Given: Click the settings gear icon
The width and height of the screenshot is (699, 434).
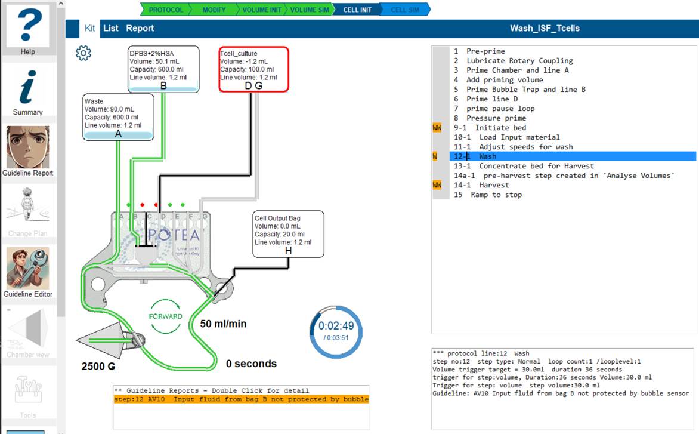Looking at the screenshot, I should tap(83, 53).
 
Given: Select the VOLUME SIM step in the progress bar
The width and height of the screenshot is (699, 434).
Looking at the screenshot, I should tap(310, 10).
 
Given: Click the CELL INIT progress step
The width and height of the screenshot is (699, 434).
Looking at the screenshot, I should tap(357, 10).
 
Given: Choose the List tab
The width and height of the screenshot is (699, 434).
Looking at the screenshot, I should tap(110, 28).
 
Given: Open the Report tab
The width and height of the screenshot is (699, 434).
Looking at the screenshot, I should tap(140, 28).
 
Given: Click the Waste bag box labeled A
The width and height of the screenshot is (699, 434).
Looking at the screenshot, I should tap(118, 117).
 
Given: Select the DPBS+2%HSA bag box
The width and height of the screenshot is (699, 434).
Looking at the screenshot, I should tap(163, 69).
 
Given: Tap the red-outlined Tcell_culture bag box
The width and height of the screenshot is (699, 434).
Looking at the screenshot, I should tap(253, 69).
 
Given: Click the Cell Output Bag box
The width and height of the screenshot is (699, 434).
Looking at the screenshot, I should tap(289, 233).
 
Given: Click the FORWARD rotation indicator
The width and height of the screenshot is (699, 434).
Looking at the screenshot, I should tap(165, 316).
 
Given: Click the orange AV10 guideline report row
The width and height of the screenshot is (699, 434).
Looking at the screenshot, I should tap(241, 399).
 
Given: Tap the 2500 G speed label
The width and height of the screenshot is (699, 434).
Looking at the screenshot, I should tap(98, 366).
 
